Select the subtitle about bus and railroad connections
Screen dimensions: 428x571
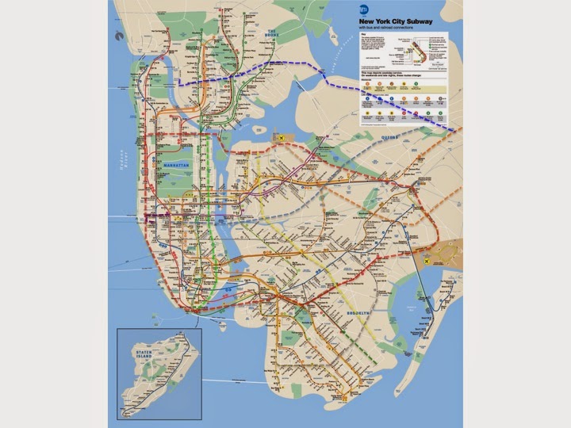(x=389, y=28)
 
